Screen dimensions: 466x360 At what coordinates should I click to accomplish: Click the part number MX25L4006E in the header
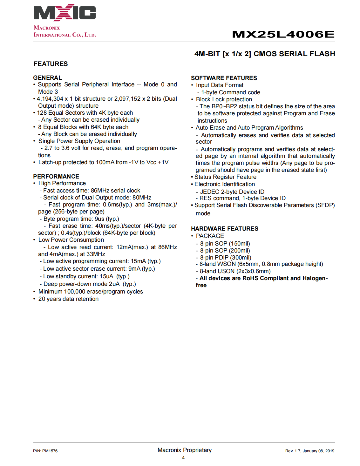tap(283, 34)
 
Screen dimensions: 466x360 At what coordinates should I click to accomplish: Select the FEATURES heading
tap(51, 64)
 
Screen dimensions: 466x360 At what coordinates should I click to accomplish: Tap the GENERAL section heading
tap(48, 78)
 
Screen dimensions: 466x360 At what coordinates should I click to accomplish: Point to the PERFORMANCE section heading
tap(56, 177)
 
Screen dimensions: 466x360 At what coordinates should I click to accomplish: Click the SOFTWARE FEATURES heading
tap(224, 78)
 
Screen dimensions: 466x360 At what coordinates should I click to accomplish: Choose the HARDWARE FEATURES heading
tap(225, 229)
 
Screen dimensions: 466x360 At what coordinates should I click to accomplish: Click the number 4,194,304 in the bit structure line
tap(50, 99)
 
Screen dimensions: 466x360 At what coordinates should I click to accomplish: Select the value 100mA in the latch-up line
tap(105, 162)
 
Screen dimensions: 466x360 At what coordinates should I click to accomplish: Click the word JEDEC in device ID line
tap(210, 192)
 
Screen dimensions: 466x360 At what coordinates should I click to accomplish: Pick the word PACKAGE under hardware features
tap(210, 236)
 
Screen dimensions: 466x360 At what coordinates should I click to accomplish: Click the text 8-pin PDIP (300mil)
tap(226, 258)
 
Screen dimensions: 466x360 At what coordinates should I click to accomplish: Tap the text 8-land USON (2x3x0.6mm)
tap(235, 271)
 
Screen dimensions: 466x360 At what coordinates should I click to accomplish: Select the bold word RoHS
tap(250, 278)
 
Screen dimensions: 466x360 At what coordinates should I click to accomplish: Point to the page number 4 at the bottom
tap(183, 458)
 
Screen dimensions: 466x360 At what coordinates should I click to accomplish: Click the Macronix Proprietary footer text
tap(185, 450)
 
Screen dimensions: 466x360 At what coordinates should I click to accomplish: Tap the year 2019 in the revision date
tap(330, 451)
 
